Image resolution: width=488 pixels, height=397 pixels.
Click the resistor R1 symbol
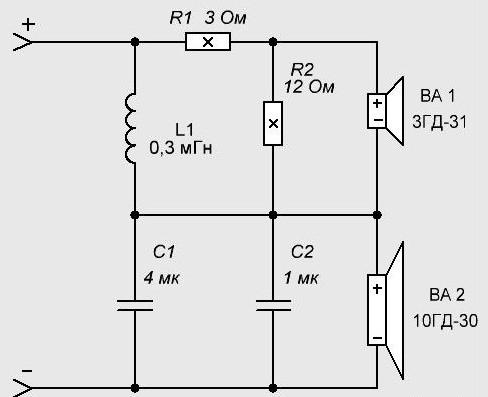pyautogui.click(x=208, y=42)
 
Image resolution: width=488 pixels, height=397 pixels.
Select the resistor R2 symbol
pyautogui.click(x=273, y=124)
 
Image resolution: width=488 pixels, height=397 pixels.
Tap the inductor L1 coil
pyautogui.click(x=131, y=129)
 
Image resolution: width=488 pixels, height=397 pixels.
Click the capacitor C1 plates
pyautogui.click(x=135, y=305)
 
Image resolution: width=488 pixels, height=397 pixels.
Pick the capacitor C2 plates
pyautogui.click(x=273, y=305)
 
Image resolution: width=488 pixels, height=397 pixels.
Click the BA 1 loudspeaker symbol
pyautogui.click(x=386, y=111)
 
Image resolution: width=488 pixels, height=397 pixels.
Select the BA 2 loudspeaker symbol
pyautogui.click(x=386, y=310)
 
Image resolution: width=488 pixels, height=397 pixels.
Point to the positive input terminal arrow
pyautogui.click(x=23, y=42)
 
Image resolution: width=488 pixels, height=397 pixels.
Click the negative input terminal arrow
pyautogui.click(x=23, y=388)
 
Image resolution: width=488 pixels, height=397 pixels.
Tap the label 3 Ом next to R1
pyautogui.click(x=225, y=18)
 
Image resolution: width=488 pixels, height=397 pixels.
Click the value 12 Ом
pyautogui.click(x=309, y=87)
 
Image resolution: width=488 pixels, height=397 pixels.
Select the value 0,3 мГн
pyautogui.click(x=181, y=148)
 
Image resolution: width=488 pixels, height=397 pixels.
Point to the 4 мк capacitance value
pyautogui.click(x=162, y=278)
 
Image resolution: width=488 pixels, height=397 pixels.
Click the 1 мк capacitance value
pyautogui.click(x=301, y=278)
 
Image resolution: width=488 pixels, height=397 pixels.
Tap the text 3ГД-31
pyautogui.click(x=440, y=122)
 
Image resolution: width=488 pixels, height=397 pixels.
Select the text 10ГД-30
pyautogui.click(x=445, y=321)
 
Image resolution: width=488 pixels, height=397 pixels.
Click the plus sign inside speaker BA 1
pyautogui.click(x=377, y=103)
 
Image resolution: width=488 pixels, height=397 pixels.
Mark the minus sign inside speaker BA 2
pyautogui.click(x=377, y=338)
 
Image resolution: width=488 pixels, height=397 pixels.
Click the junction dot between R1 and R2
pyautogui.click(x=273, y=42)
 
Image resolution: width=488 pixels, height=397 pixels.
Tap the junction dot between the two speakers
pyautogui.click(x=377, y=215)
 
